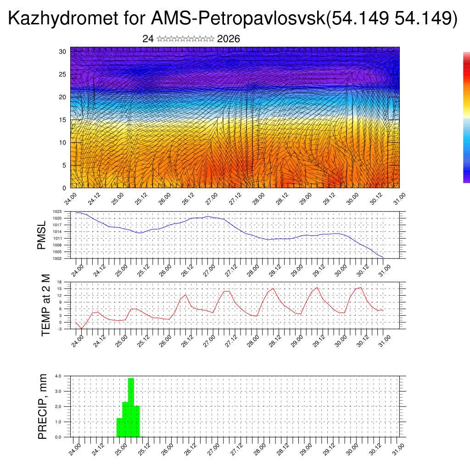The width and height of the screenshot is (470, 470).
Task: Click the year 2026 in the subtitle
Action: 229,39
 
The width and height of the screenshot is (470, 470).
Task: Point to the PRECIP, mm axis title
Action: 43,406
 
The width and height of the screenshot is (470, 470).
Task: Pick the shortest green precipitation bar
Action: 119,427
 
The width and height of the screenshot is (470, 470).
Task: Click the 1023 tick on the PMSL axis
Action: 63,212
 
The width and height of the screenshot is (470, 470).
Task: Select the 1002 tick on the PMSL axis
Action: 63,258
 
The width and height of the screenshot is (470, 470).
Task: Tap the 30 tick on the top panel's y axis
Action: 63,51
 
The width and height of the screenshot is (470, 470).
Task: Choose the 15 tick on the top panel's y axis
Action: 63,120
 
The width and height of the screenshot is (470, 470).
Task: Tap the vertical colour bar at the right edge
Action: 466,117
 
